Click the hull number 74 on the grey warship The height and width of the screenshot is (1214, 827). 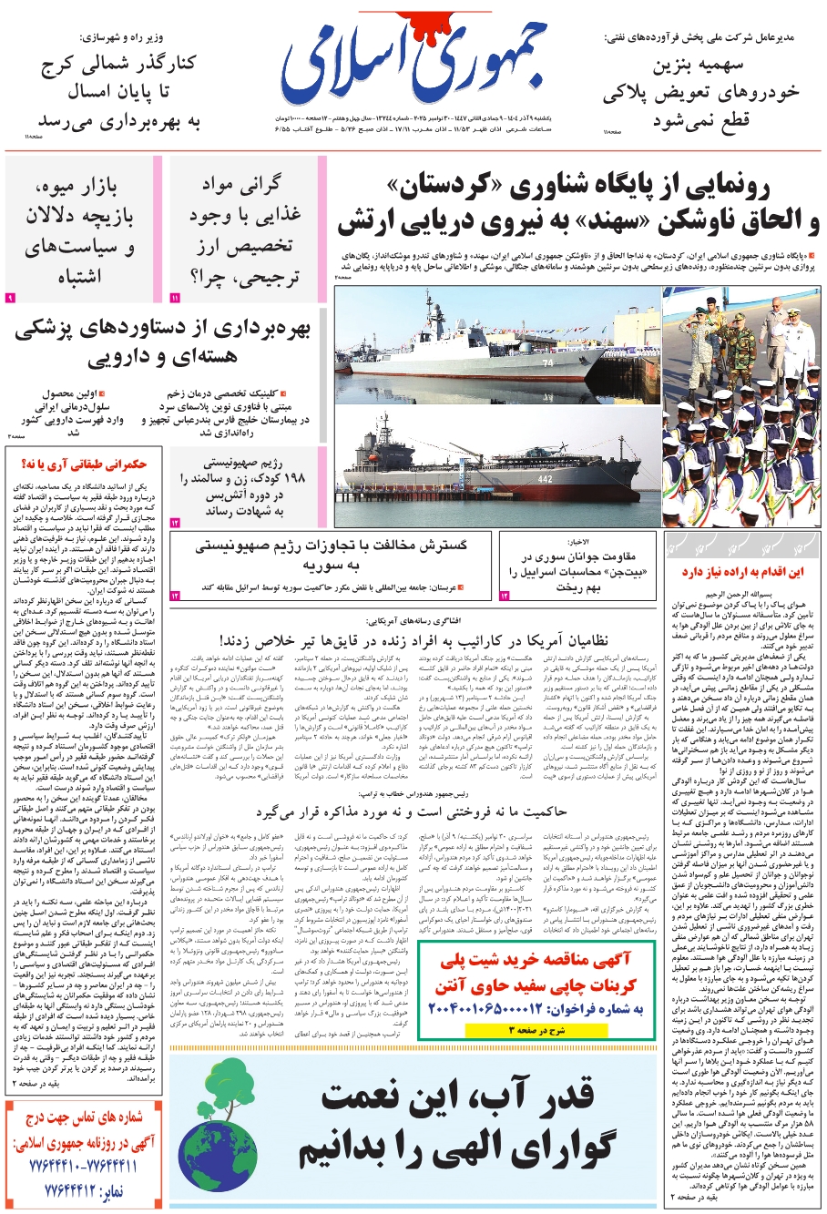click(547, 362)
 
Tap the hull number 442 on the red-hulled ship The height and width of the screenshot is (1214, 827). click(545, 478)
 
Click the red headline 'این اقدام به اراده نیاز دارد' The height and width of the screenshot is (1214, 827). click(742, 572)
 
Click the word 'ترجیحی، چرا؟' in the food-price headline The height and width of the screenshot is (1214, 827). click(244, 276)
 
